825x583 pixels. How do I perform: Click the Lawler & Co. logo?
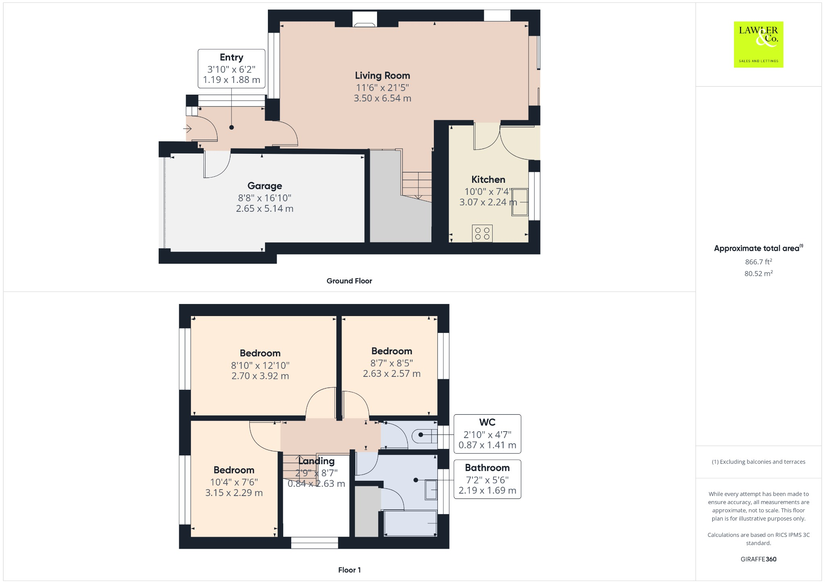pos(758,44)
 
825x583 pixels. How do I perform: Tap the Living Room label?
pos(382,76)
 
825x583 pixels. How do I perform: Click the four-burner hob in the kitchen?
pos(482,234)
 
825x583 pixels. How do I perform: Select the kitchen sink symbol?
pos(520,202)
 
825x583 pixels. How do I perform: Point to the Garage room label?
pos(265,186)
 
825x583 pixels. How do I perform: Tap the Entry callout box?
pos(231,68)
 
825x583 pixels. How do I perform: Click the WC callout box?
pos(487,434)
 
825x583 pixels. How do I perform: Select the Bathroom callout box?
pos(487,479)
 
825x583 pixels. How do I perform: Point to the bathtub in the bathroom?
pos(410,523)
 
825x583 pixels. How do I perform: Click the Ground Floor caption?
pos(349,281)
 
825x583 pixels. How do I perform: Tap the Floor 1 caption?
pos(349,570)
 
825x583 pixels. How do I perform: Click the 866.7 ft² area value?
pos(758,262)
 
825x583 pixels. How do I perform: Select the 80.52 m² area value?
pos(758,274)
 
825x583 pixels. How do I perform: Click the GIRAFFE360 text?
pos(758,559)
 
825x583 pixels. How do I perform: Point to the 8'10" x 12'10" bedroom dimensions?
pos(260,365)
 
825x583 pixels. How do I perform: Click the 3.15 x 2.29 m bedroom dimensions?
pos(234,493)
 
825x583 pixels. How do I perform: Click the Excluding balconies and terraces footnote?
pos(758,462)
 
